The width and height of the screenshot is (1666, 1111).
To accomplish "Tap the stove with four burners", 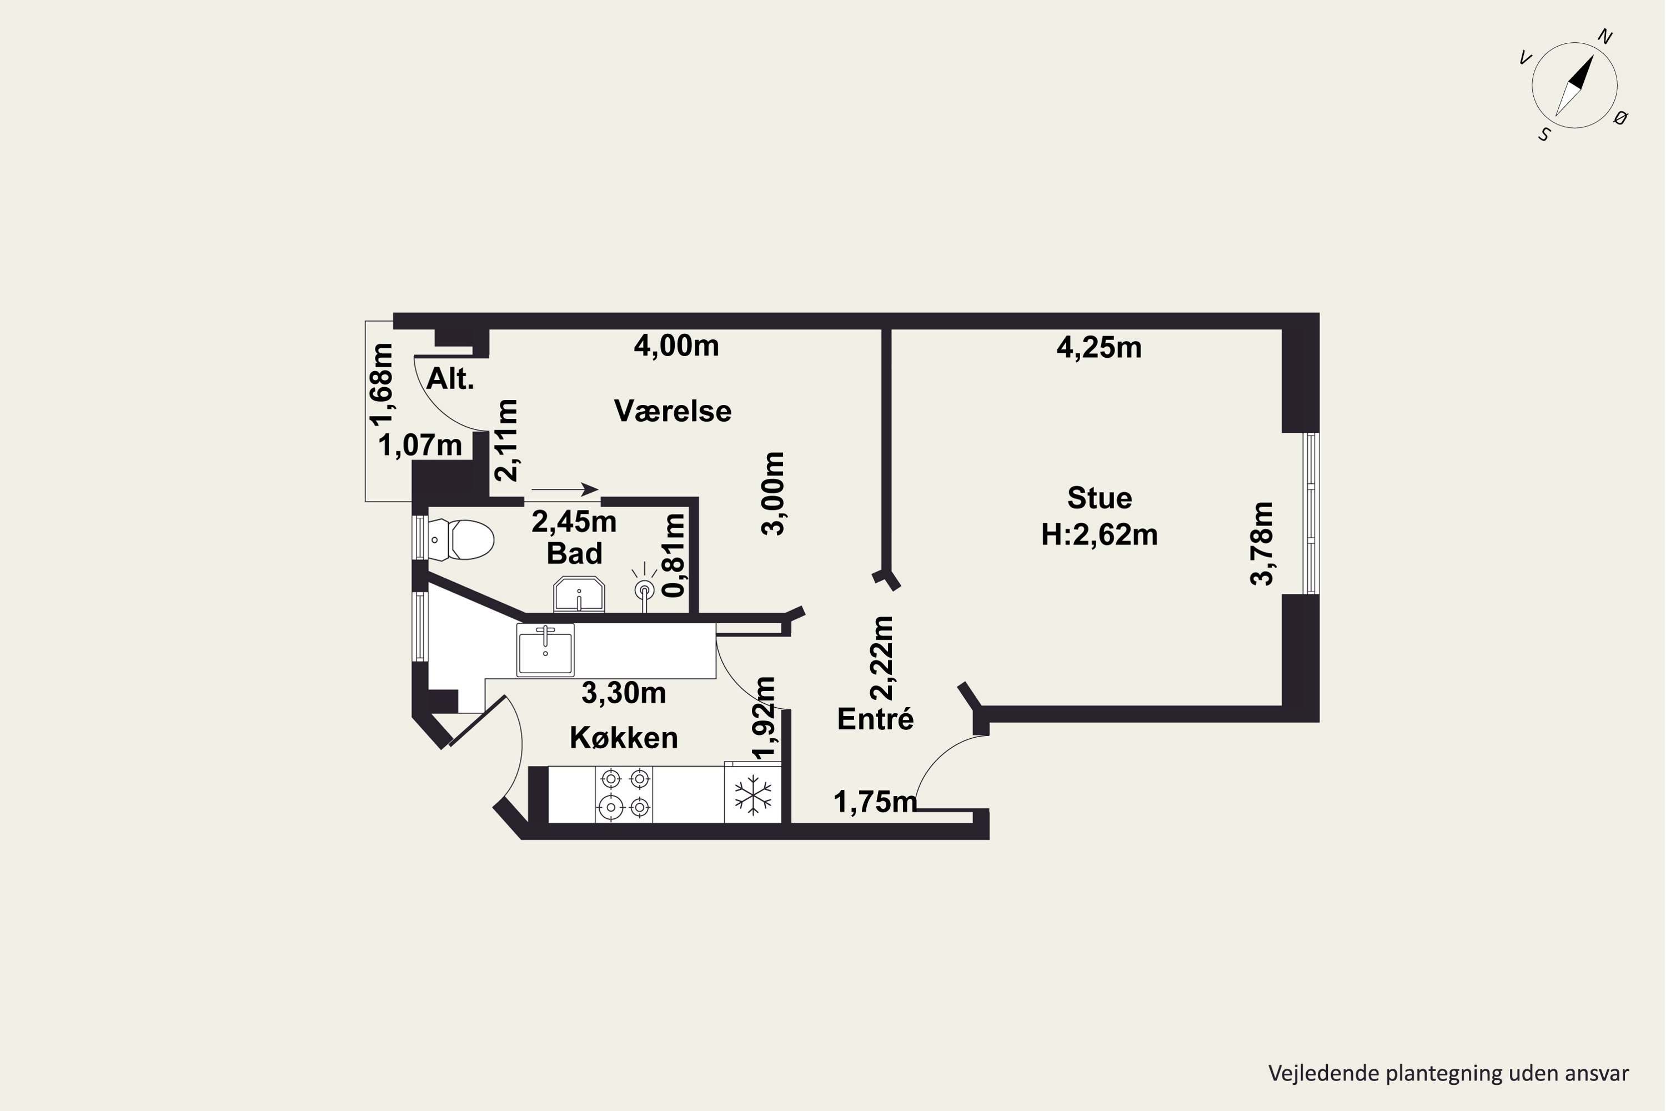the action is (624, 794).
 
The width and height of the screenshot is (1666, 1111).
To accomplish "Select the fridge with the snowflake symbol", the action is (752, 794).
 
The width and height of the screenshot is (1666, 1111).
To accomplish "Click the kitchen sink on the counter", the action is (545, 650).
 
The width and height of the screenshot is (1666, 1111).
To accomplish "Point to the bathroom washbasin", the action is (579, 594).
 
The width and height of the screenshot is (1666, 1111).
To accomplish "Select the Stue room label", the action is (1100, 498).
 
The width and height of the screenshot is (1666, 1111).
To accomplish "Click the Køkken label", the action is (624, 738).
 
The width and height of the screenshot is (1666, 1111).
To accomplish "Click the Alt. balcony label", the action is (450, 379).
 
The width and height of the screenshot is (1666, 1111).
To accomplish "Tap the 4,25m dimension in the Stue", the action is (1100, 347).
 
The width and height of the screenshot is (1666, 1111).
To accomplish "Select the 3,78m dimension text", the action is (1262, 543).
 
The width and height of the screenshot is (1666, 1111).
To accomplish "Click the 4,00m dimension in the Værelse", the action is (676, 346).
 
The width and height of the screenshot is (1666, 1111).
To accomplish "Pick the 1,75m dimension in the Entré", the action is (876, 802).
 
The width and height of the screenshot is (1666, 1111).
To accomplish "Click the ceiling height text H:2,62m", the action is (1100, 534).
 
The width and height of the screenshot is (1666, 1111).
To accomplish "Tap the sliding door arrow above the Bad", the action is (565, 489).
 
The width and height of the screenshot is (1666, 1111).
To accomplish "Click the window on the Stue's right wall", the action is (1311, 513).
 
